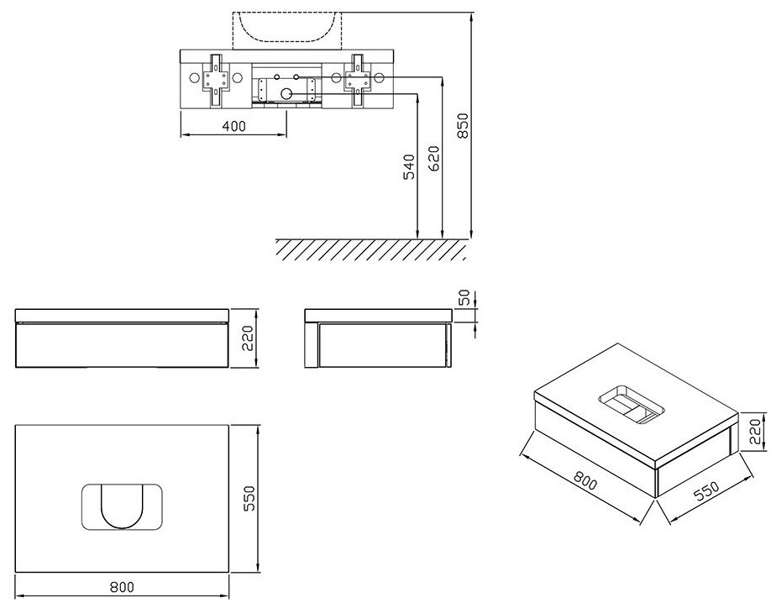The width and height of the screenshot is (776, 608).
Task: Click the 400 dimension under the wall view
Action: (234, 127)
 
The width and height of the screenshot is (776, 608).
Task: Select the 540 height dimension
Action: (410, 167)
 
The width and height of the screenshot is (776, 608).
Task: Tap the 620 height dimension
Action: (433, 159)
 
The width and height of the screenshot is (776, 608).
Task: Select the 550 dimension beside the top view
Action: (248, 501)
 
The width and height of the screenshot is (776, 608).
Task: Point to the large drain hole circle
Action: (287, 94)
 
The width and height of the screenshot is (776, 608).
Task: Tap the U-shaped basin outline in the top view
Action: (123, 506)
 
